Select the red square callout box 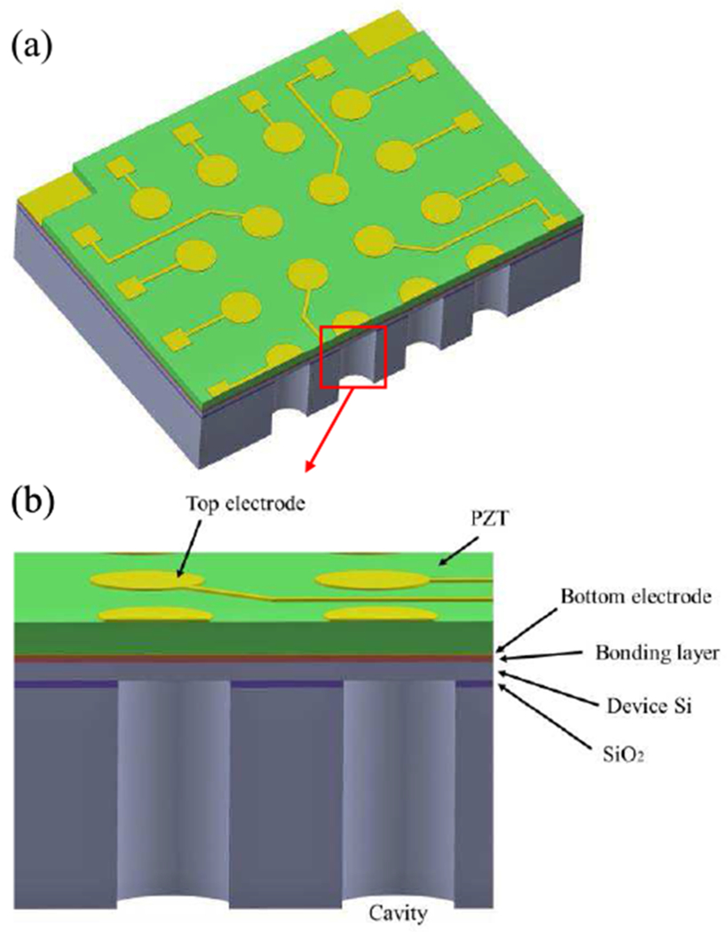pyautogui.click(x=352, y=357)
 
